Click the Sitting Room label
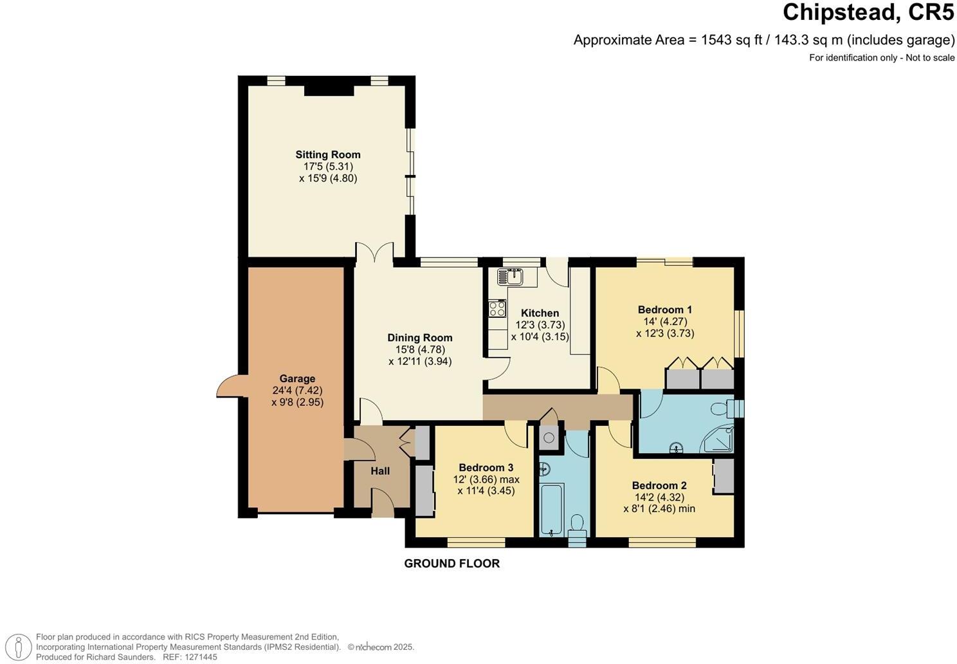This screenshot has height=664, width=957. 328,154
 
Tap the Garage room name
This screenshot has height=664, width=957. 297,379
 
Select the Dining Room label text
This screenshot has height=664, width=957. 419,338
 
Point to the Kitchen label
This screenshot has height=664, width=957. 540,313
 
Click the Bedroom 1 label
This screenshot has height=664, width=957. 665,309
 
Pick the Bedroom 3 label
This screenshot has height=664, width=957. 486,468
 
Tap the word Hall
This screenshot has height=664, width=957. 380,472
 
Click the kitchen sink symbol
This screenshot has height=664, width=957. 516,277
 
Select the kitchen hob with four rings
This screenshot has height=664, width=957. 498,309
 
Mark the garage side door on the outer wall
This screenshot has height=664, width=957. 228,388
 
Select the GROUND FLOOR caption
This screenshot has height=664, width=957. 451,564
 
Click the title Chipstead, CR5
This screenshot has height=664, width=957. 868,12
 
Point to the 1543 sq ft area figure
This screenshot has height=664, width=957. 731,40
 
